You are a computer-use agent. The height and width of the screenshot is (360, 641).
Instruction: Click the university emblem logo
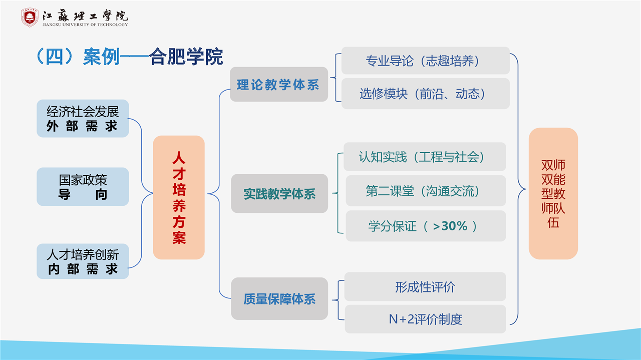tap(30, 18)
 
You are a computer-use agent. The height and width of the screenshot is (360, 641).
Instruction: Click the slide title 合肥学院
tap(186, 57)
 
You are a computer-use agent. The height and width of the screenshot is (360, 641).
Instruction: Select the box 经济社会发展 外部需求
tap(83, 119)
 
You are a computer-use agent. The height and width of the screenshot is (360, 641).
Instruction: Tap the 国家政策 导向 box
tap(83, 187)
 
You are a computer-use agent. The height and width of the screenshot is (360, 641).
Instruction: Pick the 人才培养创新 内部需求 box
tap(83, 261)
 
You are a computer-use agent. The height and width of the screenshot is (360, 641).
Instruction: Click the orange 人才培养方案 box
tap(179, 197)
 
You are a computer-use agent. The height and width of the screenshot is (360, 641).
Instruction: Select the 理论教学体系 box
tap(279, 85)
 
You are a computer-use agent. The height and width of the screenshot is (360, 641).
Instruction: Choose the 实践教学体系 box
tap(279, 193)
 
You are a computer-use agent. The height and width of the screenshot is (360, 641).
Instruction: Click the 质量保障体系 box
tap(279, 298)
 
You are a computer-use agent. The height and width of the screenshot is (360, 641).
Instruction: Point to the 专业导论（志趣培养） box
tap(425, 61)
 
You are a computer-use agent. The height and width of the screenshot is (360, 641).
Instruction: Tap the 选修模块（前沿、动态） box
tap(425, 94)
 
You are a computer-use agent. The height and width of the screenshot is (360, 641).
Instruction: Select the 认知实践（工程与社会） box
tap(425, 157)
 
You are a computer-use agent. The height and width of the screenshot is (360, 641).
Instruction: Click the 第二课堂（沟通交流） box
tap(426, 191)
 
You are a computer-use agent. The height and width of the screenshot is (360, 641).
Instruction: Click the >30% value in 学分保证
tap(450, 226)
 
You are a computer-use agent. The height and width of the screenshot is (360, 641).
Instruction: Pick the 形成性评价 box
tap(425, 287)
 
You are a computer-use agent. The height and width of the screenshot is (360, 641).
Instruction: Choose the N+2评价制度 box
tap(425, 319)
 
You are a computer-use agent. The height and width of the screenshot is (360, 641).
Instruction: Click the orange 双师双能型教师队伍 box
tap(553, 193)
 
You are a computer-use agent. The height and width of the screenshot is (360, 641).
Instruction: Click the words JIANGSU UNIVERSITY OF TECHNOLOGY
tap(85, 25)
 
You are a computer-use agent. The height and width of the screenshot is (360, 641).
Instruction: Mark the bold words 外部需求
tap(82, 126)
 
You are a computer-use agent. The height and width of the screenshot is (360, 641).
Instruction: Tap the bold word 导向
tap(83, 195)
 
